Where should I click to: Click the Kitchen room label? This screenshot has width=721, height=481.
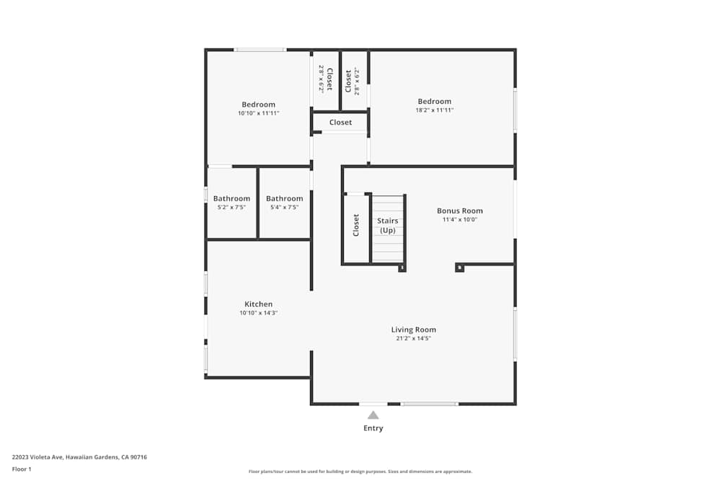click(258, 304)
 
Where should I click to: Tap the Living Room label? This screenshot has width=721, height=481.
click(413, 330)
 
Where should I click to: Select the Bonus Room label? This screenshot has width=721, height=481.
click(459, 211)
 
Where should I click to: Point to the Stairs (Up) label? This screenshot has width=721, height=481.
click(388, 225)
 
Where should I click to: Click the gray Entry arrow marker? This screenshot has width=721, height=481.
click(373, 415)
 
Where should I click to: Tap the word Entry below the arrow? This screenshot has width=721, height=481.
click(373, 428)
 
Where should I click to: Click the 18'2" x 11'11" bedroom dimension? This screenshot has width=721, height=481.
click(434, 110)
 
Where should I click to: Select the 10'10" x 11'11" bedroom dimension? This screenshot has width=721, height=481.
click(258, 113)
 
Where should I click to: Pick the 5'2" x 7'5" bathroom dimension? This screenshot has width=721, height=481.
click(231, 207)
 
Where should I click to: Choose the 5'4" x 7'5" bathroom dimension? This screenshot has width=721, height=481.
click(284, 207)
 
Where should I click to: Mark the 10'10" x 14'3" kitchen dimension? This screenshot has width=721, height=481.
click(258, 313)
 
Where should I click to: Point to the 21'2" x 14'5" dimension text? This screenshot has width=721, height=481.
click(413, 338)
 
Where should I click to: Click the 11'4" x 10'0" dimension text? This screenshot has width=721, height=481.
click(459, 220)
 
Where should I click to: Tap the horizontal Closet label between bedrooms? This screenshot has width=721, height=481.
click(340, 123)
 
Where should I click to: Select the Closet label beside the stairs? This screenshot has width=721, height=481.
click(356, 225)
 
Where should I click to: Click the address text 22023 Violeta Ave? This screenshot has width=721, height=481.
click(79, 457)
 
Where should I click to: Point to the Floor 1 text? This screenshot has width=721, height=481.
click(22, 469)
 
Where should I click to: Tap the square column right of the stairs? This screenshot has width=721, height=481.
click(459, 268)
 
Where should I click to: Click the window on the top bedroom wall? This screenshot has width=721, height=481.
click(260, 50)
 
